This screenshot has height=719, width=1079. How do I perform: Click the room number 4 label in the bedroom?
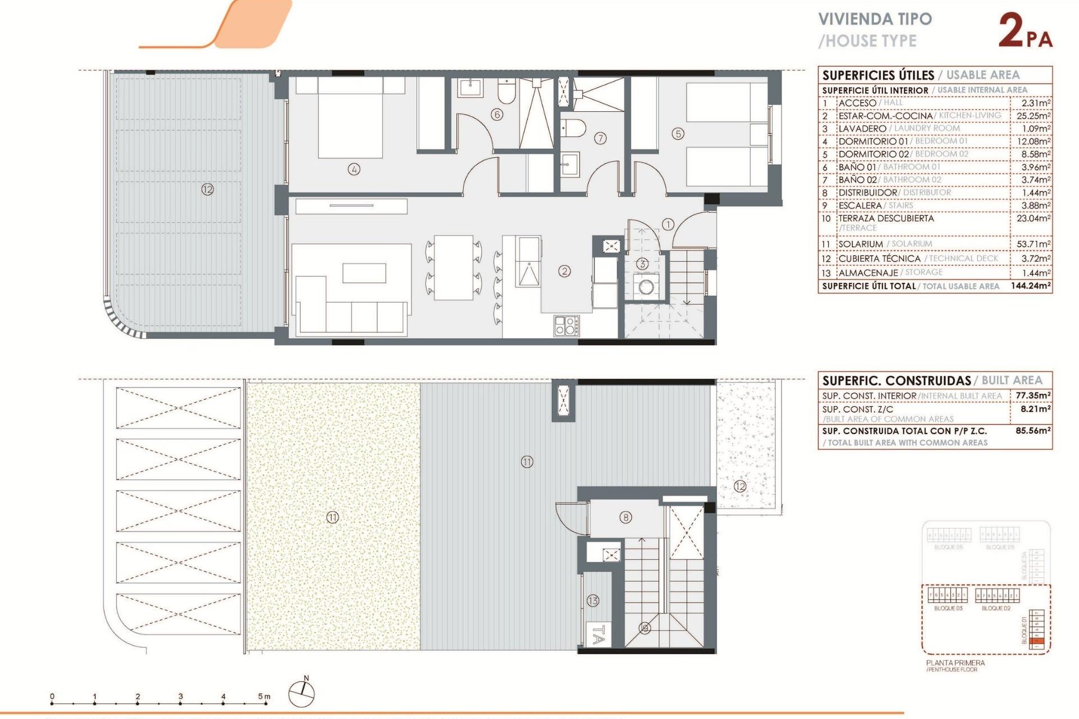pos(353,169)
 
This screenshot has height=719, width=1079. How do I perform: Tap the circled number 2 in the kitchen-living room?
pos(564,271)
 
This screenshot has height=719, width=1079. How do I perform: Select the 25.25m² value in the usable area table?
pos(1033,116)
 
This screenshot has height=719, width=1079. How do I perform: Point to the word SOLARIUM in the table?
pos(860,244)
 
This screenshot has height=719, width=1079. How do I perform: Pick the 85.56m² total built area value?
pos(1033,431)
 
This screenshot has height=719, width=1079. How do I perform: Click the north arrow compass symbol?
pos(302,693)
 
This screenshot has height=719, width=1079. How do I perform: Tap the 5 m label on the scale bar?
pos(264,697)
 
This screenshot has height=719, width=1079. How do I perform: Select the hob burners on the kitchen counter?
pos(566,326)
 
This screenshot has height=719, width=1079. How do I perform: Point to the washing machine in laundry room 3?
pos(646,287)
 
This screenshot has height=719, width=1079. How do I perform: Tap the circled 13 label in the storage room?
pos(593,600)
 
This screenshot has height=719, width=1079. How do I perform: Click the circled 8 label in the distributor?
pos(625,517)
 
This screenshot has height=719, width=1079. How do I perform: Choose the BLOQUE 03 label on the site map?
pos(948,608)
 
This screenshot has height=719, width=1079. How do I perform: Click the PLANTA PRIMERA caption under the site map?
pos(955,663)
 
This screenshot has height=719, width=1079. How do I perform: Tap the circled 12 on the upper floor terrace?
pos(207,189)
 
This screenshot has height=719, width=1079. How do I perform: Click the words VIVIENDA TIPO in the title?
pos(875,19)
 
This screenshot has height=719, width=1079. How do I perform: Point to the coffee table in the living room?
pos(364,273)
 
